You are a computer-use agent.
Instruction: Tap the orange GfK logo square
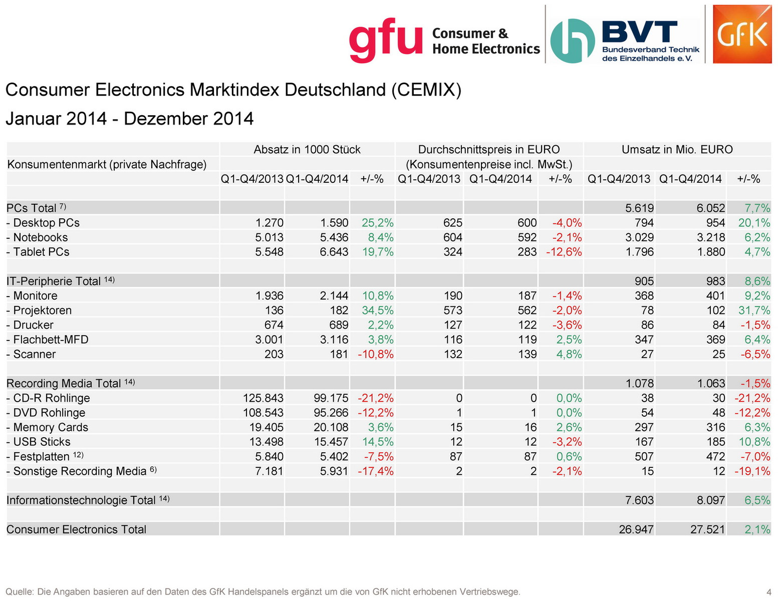742,34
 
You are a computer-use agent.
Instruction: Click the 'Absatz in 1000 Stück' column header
307,150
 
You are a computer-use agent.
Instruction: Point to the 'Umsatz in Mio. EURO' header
677,150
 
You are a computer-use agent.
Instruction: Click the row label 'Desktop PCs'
46,223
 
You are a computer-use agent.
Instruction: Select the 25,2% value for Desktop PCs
377,223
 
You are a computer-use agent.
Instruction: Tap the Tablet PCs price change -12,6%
564,252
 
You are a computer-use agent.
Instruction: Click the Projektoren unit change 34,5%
377,311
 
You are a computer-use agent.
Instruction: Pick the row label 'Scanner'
34,354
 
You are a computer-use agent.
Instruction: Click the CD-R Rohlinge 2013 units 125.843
263,398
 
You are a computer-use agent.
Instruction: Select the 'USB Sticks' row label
42,442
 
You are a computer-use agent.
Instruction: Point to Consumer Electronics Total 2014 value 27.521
707,529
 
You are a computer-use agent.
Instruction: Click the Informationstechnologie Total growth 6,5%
757,500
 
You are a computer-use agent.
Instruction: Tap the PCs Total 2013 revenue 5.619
640,208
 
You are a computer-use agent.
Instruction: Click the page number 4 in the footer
768,592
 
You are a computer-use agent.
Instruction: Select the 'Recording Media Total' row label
64,384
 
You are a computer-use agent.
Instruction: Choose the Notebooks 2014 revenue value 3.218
710,237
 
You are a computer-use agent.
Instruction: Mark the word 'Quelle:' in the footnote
20,592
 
